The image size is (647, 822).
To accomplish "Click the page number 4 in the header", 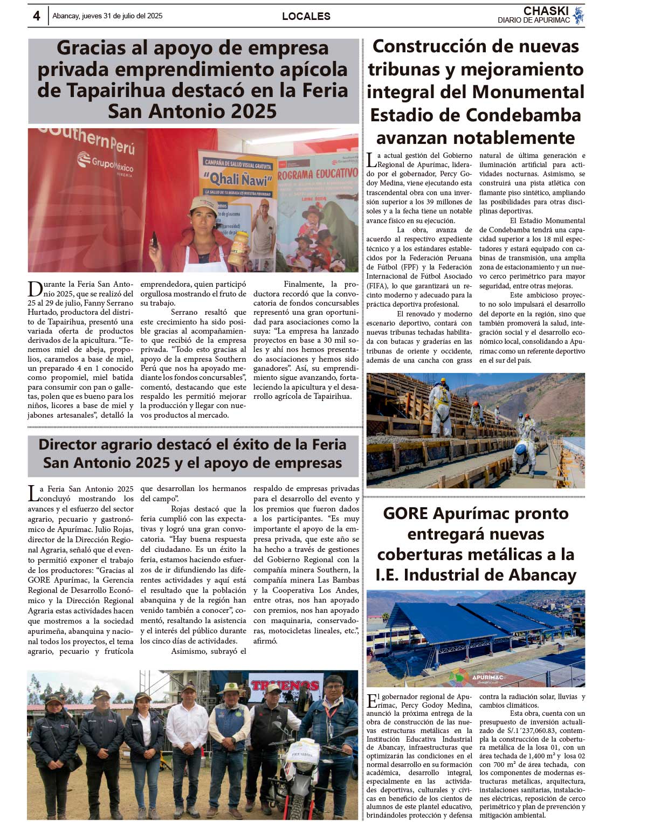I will (x=36, y=16).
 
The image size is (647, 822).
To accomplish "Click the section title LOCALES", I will (x=306, y=16).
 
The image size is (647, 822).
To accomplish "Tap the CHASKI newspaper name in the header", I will (x=546, y=11).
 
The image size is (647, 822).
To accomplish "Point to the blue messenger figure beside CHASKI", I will (x=579, y=15).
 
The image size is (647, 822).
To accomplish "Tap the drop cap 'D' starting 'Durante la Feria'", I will (x=35, y=289).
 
